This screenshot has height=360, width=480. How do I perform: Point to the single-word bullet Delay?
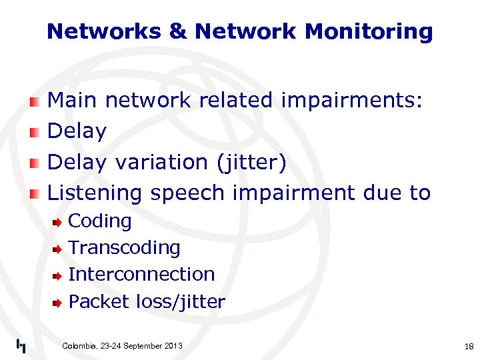point(77,131)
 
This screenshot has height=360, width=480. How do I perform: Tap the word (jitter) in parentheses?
point(249,162)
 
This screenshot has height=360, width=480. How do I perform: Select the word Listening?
point(95,193)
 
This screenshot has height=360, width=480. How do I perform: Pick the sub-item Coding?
point(100,221)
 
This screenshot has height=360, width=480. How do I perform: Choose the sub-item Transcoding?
point(125,247)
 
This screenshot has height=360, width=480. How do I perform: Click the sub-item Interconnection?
point(141,274)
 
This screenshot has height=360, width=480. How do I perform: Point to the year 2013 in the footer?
point(172,345)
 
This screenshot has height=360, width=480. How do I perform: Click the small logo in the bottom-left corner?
point(21,345)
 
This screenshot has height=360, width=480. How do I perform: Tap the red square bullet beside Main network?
point(35,101)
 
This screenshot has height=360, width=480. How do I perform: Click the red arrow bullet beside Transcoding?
point(58,249)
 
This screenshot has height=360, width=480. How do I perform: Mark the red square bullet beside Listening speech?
point(35,193)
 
